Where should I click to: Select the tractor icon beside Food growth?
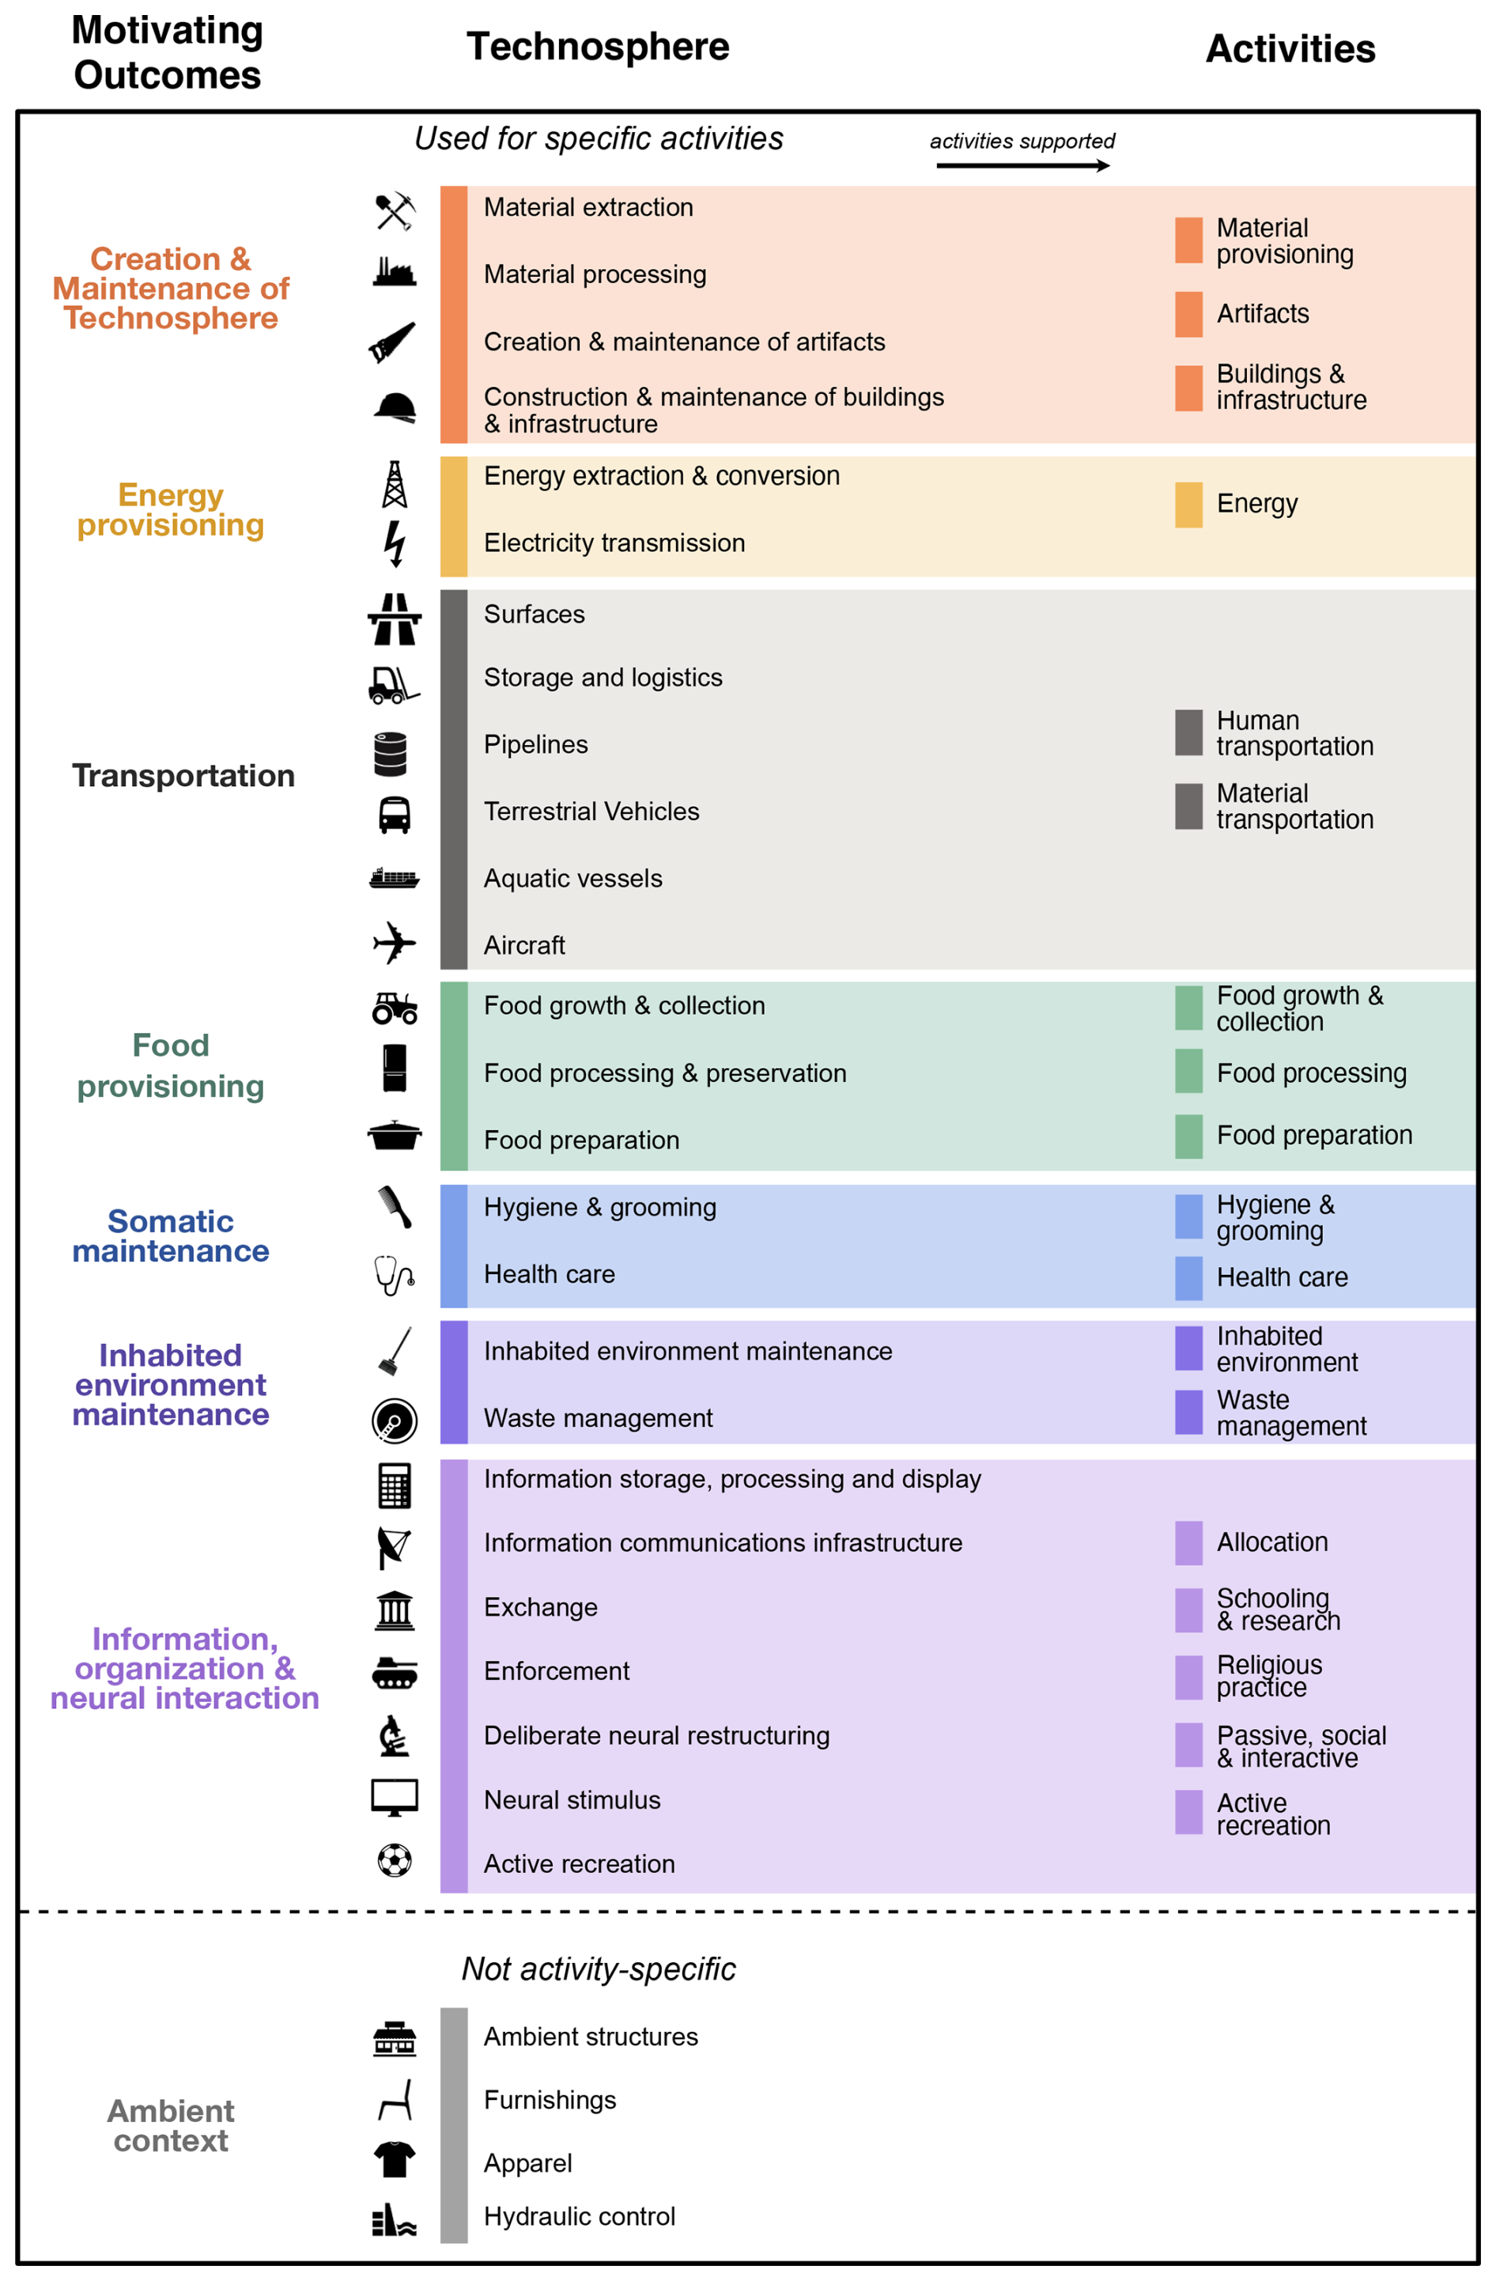[x=394, y=1008]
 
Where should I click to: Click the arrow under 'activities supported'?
[x=1022, y=166]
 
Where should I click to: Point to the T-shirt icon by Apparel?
[x=394, y=2160]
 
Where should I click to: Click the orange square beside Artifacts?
[x=1188, y=313]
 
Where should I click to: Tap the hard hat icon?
[x=394, y=407]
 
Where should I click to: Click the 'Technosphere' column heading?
[x=597, y=46]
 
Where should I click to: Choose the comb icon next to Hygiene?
[x=394, y=1207]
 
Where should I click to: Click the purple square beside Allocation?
[x=1188, y=1542]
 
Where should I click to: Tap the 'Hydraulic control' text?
[x=579, y=2216]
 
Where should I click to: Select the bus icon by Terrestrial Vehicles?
[x=394, y=814]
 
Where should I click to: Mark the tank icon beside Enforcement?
[x=394, y=1673]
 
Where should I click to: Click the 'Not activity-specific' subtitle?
[x=598, y=1969]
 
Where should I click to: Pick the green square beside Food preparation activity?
[x=1188, y=1136]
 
